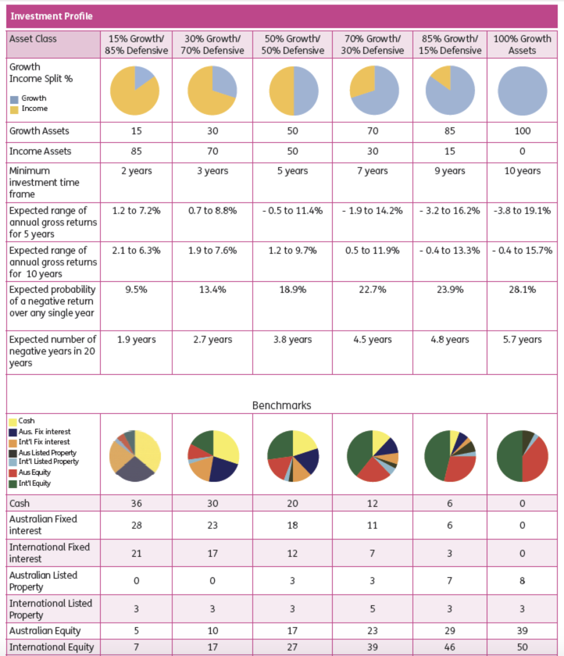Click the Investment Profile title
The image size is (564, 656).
coord(51,16)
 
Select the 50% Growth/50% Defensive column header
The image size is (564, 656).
coord(292,44)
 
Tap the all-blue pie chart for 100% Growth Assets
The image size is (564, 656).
coord(522,90)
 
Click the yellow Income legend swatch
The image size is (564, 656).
coord(14,109)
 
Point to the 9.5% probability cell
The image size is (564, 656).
coord(136,290)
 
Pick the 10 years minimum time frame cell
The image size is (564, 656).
coord(522,171)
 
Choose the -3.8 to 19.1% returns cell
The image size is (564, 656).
coord(522,211)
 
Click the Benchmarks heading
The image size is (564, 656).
coord(282,406)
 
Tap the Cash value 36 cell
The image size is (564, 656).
coord(136,504)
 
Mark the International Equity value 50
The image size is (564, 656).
coord(522,647)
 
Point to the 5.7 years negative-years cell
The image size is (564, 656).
coord(522,340)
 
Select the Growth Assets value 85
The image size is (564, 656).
coord(450,131)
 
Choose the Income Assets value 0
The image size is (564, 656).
coord(522,151)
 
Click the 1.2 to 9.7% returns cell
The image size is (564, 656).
coord(292,250)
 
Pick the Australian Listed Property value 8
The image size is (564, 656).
coord(522,581)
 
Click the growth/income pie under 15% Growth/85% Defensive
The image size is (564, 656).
coord(135,90)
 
